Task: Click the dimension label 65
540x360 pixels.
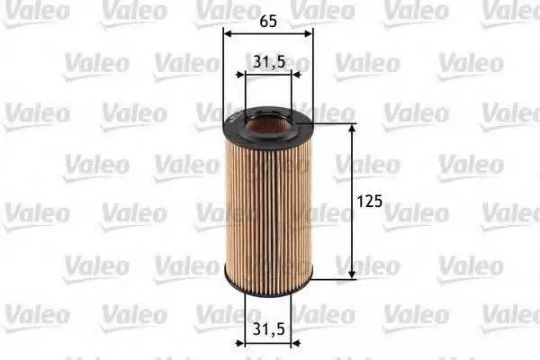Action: [x=268, y=22]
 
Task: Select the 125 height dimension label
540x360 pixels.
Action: [x=370, y=202]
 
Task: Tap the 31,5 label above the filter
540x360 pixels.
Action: [x=269, y=62]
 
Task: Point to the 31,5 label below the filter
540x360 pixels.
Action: [x=268, y=329]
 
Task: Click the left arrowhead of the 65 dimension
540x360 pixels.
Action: [x=227, y=34]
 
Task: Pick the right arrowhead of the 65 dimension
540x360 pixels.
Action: [x=310, y=34]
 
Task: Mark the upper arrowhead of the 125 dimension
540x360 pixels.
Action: [x=352, y=128]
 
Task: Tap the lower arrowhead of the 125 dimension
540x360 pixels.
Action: [x=352, y=274]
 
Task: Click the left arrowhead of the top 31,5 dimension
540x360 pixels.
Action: [x=240, y=75]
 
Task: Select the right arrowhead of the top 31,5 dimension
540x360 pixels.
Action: [x=296, y=75]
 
